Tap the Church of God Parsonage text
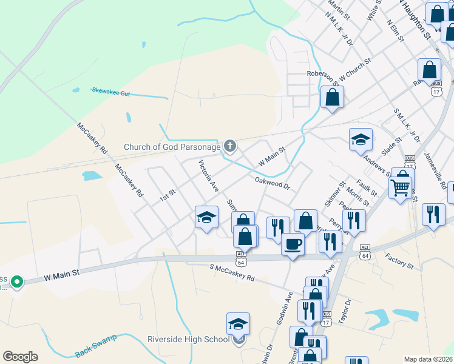pyautogui.click(x=172, y=146)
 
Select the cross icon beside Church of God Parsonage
pyautogui.click(x=229, y=146)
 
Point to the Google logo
pyautogui.click(x=20, y=357)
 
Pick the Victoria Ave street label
pyautogui.click(x=208, y=177)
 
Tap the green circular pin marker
pyautogui.click(x=18, y=281)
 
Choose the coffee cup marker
pyautogui.click(x=293, y=244)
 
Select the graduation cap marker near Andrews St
pyautogui.click(x=361, y=140)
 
